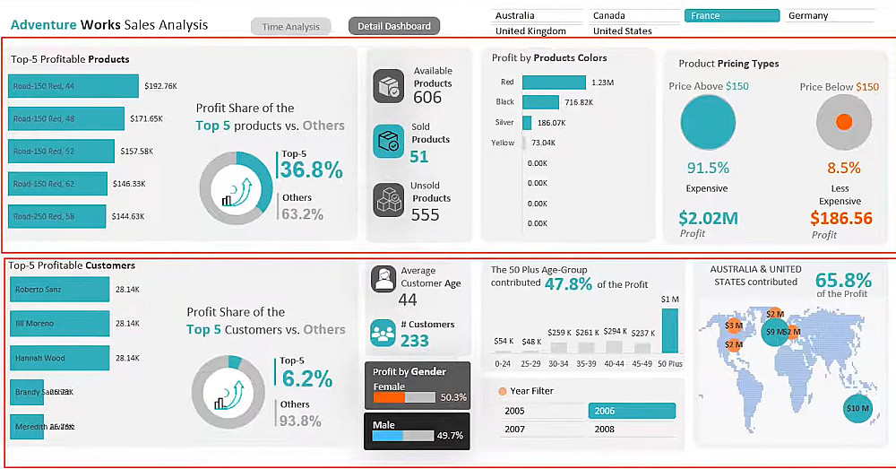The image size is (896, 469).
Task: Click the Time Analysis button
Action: click(290, 27)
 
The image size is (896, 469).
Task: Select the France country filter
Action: click(731, 15)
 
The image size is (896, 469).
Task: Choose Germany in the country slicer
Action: click(830, 15)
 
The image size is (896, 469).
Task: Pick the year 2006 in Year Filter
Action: click(632, 411)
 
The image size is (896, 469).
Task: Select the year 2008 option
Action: click(632, 430)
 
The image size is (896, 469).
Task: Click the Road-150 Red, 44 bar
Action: click(74, 86)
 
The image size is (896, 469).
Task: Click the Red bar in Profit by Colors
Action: click(554, 83)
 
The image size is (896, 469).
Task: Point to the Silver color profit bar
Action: click(527, 122)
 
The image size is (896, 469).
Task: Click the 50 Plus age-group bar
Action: click(670, 332)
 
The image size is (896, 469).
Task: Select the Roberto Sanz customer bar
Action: click(59, 290)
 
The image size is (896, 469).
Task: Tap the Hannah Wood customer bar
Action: click(59, 358)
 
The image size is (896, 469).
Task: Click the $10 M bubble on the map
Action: click(857, 409)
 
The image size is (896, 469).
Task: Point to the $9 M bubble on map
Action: click(771, 332)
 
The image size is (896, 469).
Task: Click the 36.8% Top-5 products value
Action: click(311, 170)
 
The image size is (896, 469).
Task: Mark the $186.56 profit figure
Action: click(840, 218)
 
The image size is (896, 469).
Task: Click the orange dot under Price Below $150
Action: click(843, 122)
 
